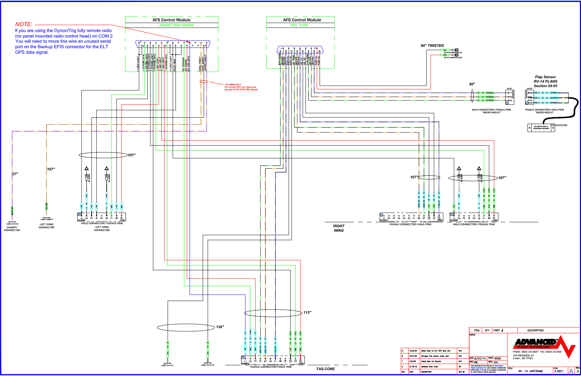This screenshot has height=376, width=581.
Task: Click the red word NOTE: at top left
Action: coord(24,24)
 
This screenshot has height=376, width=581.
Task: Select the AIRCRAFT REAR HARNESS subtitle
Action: coord(176,25)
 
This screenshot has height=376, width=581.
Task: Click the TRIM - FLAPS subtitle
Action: coord(299,25)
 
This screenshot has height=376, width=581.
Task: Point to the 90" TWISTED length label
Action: coord(432,45)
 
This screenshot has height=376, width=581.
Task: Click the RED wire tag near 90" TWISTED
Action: coord(445,55)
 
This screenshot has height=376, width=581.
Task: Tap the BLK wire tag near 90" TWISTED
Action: coord(445,50)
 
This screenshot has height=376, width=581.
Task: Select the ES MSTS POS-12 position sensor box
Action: coord(541,127)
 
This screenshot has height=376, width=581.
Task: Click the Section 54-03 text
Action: coord(545,86)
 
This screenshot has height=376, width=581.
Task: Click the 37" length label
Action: coord(15,174)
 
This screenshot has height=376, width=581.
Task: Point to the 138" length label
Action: coord(220,327)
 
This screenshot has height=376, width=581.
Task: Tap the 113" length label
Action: coord(307,313)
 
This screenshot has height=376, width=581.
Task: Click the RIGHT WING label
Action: coord(339,228)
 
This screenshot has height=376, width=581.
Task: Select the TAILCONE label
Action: coord(325,369)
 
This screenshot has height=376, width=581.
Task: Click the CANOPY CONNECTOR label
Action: coord(12,229)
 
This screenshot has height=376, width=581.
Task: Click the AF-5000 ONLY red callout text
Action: coord(233,85)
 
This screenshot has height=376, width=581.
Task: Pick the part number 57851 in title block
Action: coord(559,371)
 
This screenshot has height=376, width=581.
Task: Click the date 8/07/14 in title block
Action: coord(480,358)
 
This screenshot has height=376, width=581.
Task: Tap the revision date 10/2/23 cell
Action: coord(413,351)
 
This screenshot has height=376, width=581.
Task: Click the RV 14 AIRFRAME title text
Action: coord(530,371)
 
